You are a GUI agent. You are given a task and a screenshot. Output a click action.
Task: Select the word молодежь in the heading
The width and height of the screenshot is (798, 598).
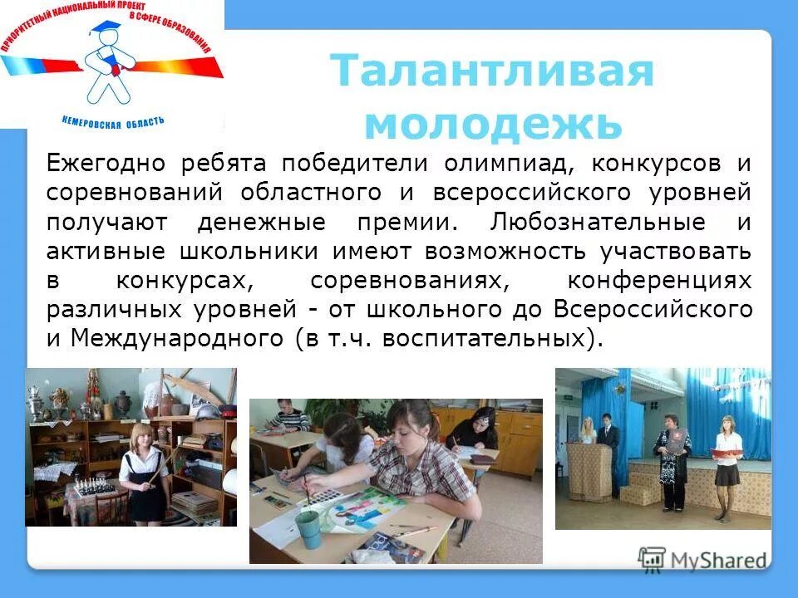tap(493, 124)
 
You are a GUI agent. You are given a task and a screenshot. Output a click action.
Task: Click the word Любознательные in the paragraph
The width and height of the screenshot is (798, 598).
tap(598, 223)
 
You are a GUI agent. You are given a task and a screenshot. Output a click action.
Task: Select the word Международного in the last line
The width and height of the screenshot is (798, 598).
tap(179, 338)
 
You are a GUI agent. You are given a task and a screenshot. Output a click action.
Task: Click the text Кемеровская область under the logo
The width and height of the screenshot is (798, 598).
tap(113, 120)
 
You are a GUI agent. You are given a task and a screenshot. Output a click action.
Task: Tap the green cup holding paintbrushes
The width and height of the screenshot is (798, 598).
tap(308, 528)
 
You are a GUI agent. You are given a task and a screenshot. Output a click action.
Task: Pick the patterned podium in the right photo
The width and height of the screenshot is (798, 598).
tap(585, 472)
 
